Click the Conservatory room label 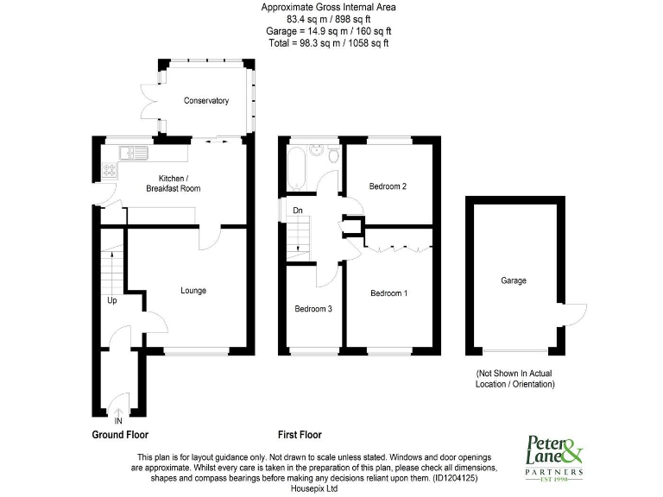click(206, 101)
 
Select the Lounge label click(193, 291)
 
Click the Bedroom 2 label click(388, 186)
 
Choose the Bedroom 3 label click(313, 309)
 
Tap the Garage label click(513, 280)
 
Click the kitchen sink click(135, 154)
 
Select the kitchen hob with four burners click(110, 169)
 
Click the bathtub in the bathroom click(294, 169)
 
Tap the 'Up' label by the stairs click(112, 301)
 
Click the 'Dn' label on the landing click(297, 210)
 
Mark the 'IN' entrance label click(117, 420)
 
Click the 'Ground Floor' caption click(126, 435)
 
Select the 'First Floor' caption click(300, 435)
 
